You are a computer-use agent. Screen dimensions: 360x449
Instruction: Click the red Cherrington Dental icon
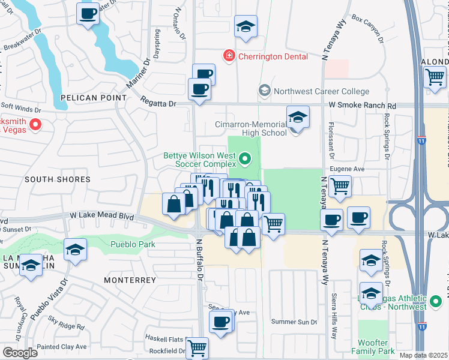click(x=228, y=56)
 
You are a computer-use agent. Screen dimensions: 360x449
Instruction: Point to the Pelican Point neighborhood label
click(x=94, y=97)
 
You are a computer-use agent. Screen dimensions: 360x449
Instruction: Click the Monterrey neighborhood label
click(x=125, y=280)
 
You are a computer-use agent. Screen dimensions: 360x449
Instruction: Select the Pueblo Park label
click(x=133, y=244)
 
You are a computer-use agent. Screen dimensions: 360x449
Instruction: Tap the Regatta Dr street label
click(x=159, y=103)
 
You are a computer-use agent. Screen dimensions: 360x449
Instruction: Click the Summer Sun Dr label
click(x=294, y=322)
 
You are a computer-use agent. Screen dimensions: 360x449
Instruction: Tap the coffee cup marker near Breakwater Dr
click(x=88, y=13)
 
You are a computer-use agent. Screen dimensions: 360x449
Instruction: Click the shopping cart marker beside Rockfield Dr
click(x=196, y=347)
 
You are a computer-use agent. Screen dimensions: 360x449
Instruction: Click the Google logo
click(x=20, y=353)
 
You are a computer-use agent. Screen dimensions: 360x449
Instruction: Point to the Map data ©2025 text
click(x=423, y=355)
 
